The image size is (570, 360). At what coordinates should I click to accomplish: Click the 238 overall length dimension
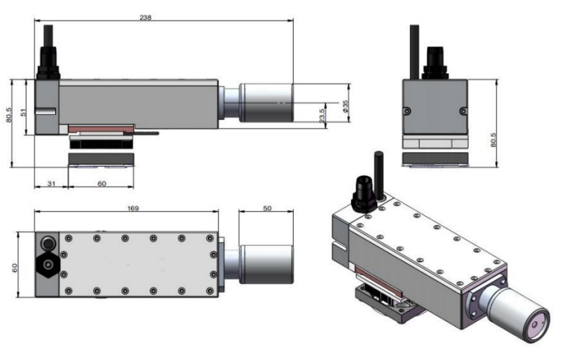coord(145,17)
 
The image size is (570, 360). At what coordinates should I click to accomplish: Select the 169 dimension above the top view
coord(133,208)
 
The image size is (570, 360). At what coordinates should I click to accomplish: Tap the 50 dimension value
coord(267,208)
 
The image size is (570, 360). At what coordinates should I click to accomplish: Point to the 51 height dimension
coord(23,112)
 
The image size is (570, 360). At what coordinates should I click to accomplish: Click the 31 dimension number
coord(51,183)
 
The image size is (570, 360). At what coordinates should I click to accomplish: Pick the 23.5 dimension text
coord(322,116)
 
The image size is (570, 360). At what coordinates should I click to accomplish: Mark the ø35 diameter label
coord(345,105)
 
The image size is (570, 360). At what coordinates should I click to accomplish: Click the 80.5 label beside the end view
coord(493,139)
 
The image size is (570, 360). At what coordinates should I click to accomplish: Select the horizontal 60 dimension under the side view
coord(102,183)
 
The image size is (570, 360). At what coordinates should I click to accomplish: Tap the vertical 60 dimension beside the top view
coord(15,268)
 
